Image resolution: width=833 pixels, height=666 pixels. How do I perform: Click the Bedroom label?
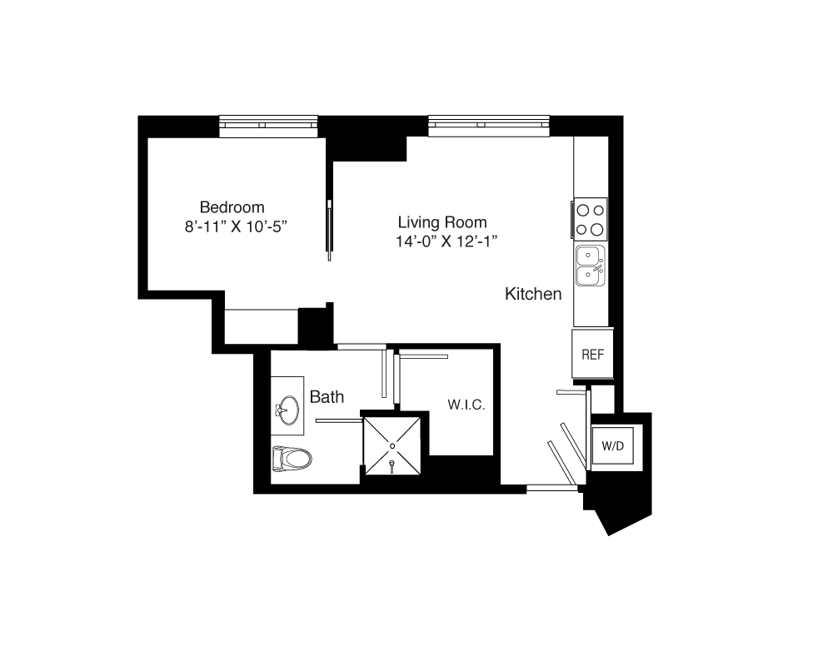coord(232,207)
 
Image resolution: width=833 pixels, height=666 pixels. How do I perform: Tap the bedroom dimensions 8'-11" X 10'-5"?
coord(236,226)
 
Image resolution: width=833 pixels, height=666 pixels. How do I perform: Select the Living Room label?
coord(442,222)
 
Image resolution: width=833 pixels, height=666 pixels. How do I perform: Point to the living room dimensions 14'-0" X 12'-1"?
coord(446,241)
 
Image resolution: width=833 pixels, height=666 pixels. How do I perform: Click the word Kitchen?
coord(533,294)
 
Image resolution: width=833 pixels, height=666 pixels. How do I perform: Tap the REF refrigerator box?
coord(592,355)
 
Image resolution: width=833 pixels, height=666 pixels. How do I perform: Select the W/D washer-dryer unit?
coord(612,445)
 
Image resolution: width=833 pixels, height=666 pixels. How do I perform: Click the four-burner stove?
coord(591,219)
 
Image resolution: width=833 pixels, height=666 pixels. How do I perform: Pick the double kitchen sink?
coord(591,266)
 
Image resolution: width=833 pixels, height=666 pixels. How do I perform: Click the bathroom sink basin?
coord(290,410)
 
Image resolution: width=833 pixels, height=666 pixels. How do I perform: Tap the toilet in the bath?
coord(291,459)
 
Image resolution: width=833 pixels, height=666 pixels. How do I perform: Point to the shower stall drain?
coord(392,445)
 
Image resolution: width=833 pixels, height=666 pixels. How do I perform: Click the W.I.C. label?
coord(466,405)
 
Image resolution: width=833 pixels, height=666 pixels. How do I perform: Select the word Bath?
coord(327,397)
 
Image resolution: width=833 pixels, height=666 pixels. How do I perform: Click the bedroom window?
coord(268,126)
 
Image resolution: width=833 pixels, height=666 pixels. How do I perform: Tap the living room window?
coord(489,125)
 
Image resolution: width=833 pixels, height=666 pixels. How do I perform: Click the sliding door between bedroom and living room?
coord(330,230)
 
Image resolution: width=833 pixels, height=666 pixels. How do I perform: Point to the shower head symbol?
coord(392,465)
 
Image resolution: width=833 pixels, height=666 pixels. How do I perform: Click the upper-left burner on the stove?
coord(583,210)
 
